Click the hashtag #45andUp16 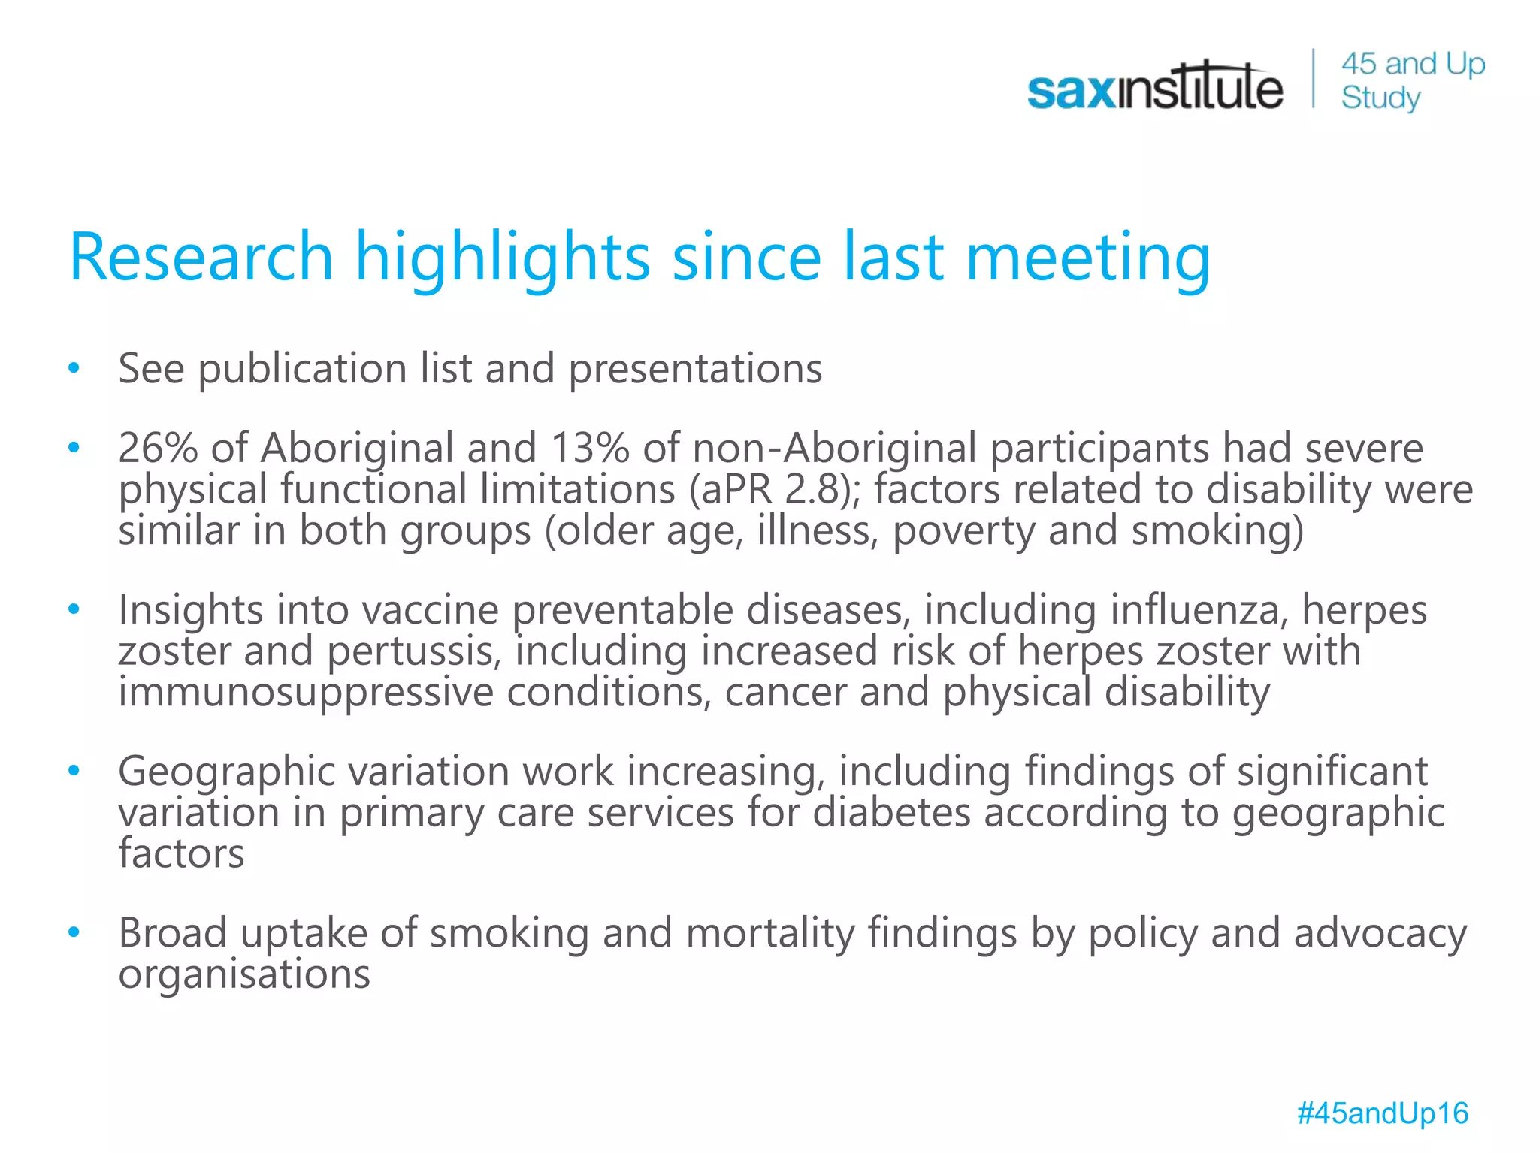[1382, 1113]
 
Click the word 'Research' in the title [201, 257]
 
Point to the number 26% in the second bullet [158, 449]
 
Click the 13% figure [589, 449]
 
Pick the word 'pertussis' [414, 651]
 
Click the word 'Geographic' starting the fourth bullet [226, 772]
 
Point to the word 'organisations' [244, 974]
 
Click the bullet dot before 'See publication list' [74, 368]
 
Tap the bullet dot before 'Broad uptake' [74, 932]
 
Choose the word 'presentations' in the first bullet [695, 369]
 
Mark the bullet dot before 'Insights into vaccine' [74, 609]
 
